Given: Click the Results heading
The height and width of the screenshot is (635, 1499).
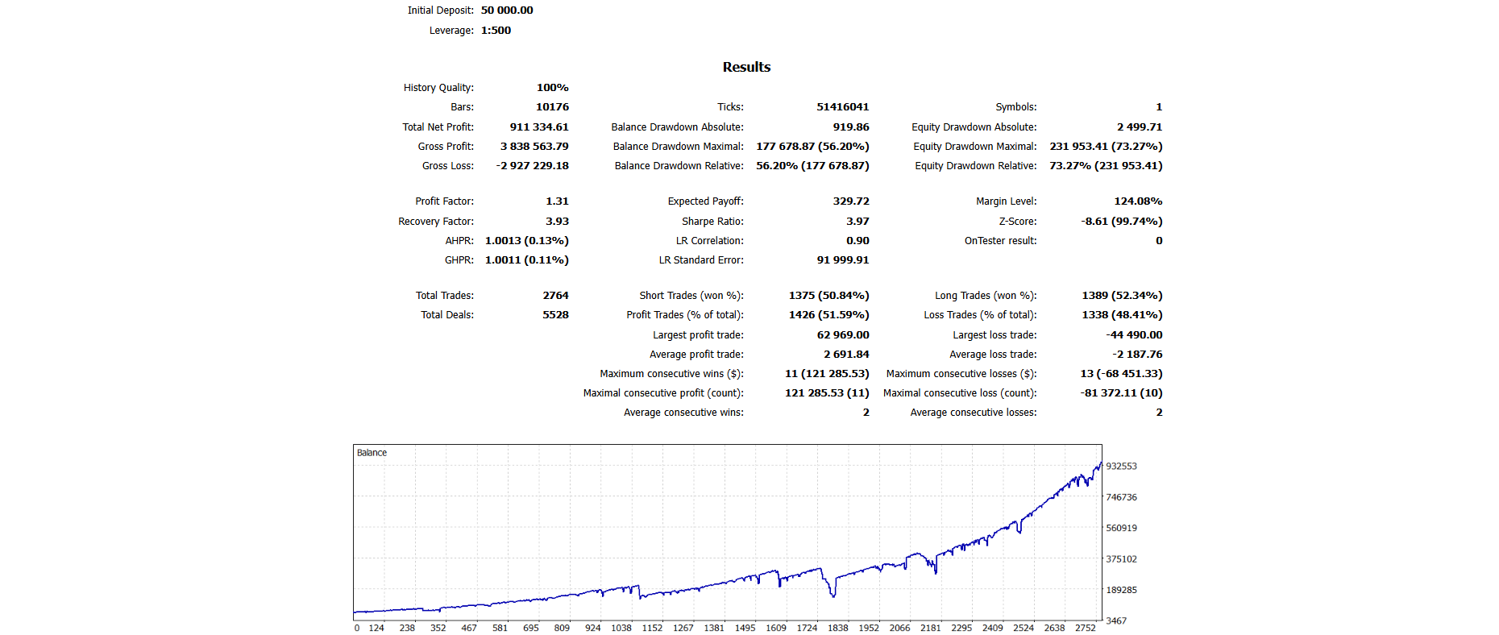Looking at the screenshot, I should pos(746,67).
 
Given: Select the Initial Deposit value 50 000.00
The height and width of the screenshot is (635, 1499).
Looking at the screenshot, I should pos(507,10).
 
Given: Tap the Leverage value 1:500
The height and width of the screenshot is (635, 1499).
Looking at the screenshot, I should pos(496,31).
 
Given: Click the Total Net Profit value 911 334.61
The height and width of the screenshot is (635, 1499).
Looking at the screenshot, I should pos(538,127).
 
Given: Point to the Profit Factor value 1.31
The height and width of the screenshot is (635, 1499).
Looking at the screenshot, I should pos(557,201).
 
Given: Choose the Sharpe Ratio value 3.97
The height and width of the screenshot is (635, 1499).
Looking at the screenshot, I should pos(857,222).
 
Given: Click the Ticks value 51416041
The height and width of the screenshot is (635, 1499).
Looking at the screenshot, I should pos(842,107).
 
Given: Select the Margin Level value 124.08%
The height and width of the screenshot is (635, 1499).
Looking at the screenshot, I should pos(1138,201).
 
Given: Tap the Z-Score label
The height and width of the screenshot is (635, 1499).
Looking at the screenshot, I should pos(1017,222).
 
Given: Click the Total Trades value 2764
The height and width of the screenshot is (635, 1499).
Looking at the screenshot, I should pos(555,296).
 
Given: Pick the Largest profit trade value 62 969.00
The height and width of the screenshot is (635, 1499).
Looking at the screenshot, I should pos(842,335).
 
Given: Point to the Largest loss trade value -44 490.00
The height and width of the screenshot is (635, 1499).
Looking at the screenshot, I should pos(1134,335).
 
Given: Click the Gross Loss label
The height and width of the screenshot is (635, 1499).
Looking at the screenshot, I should pos(447,166).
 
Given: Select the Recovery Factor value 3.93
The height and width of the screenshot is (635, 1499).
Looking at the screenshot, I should pos(557,222).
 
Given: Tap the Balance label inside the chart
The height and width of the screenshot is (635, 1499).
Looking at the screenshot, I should pos(372,453).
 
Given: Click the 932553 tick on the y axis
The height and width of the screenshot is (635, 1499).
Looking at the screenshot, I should pos(1121,467).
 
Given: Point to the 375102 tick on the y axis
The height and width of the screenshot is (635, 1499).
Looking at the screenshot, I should pos(1121,559).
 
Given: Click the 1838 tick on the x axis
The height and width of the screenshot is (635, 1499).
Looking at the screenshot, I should pos(837,628).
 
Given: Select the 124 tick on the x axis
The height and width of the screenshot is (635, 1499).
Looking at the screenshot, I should pos(376,628).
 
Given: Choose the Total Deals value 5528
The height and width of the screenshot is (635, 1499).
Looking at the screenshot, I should pos(555,315).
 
